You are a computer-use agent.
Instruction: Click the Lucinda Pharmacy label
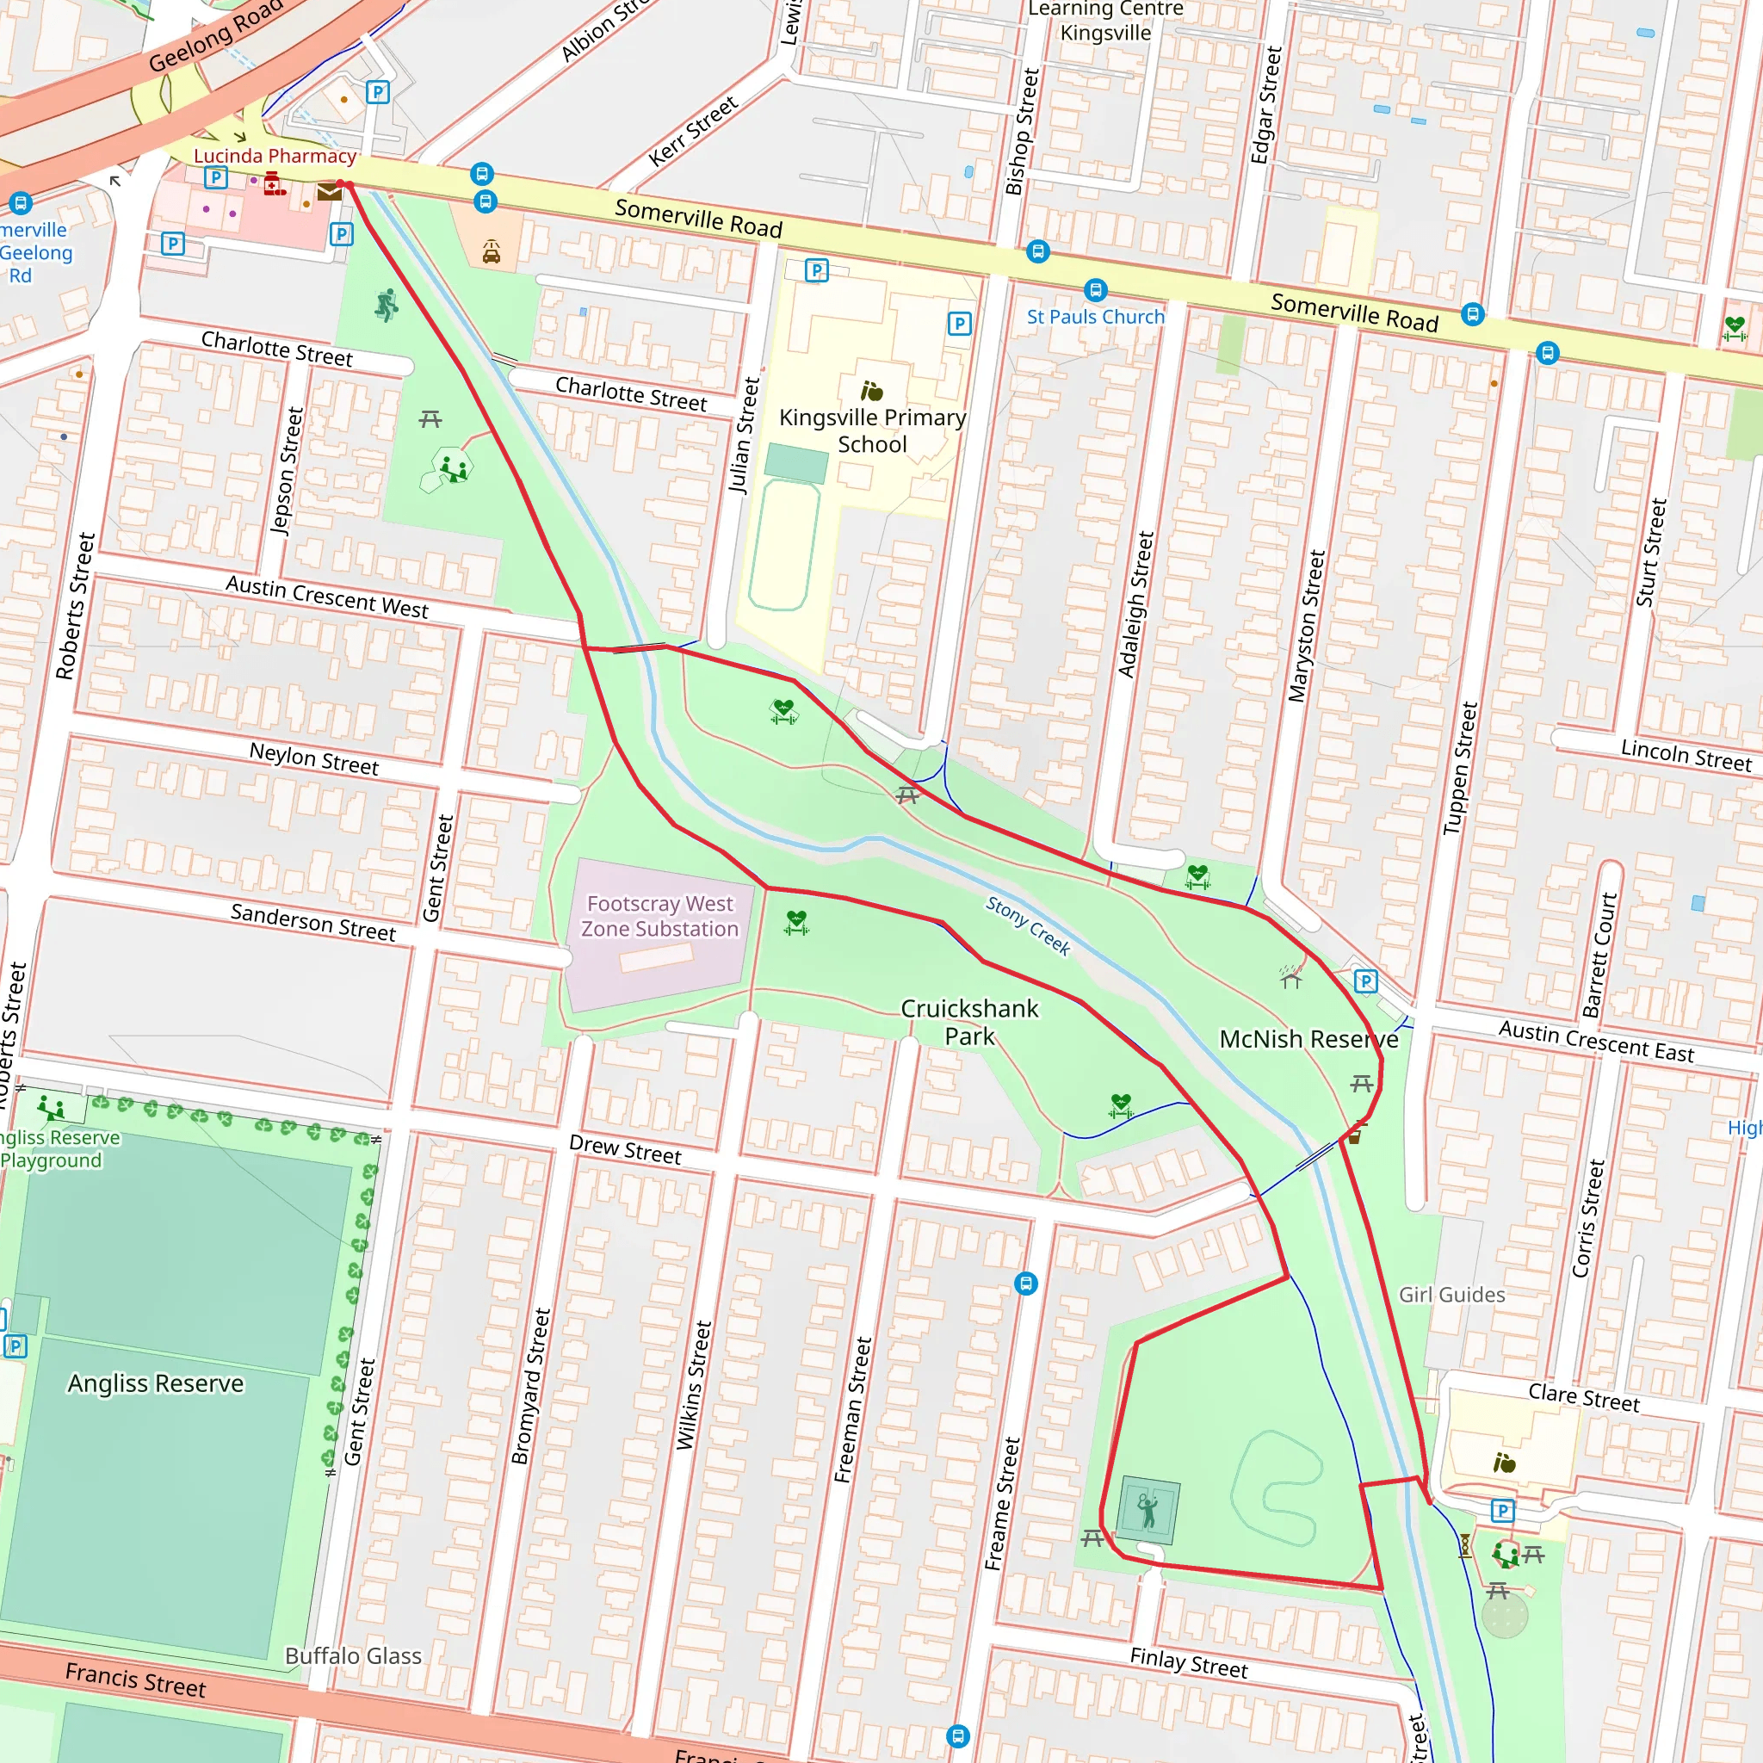[x=275, y=156]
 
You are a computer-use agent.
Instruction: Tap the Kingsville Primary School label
[x=871, y=430]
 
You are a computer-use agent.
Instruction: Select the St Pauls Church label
[x=1095, y=317]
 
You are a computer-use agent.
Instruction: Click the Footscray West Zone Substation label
[x=659, y=916]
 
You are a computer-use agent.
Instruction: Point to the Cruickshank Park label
[x=969, y=1022]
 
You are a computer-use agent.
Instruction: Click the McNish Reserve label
[x=1308, y=1039]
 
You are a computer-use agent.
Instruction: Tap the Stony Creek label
[x=1028, y=925]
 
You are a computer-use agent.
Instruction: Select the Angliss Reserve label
[x=156, y=1383]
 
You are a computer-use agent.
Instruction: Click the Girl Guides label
[x=1452, y=1295]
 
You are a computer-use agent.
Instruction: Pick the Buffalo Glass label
[x=353, y=1656]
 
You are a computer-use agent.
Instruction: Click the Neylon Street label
[x=314, y=759]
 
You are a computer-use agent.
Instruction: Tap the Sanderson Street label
[x=313, y=922]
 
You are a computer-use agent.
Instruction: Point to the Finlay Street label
[x=1188, y=1662]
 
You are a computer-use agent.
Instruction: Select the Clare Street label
[x=1583, y=1398]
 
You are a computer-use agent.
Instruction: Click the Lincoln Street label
[x=1686, y=756]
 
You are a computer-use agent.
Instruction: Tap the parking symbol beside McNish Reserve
[x=1365, y=982]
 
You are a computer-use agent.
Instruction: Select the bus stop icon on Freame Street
[x=1025, y=1284]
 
